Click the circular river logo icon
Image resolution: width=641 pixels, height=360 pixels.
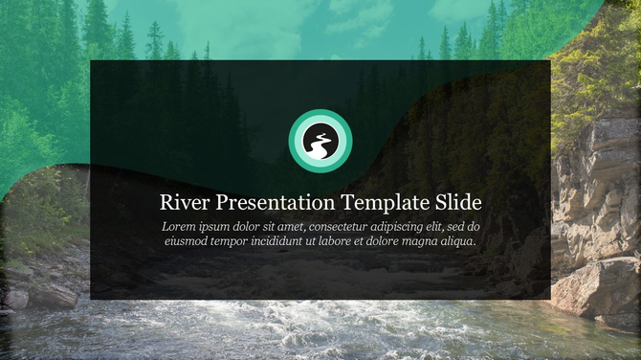[320, 143]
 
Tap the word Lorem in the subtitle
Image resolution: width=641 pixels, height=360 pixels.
[179, 227]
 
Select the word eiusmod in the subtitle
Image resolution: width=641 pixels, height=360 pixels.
[189, 242]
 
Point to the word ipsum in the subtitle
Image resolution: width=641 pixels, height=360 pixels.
[217, 228]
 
